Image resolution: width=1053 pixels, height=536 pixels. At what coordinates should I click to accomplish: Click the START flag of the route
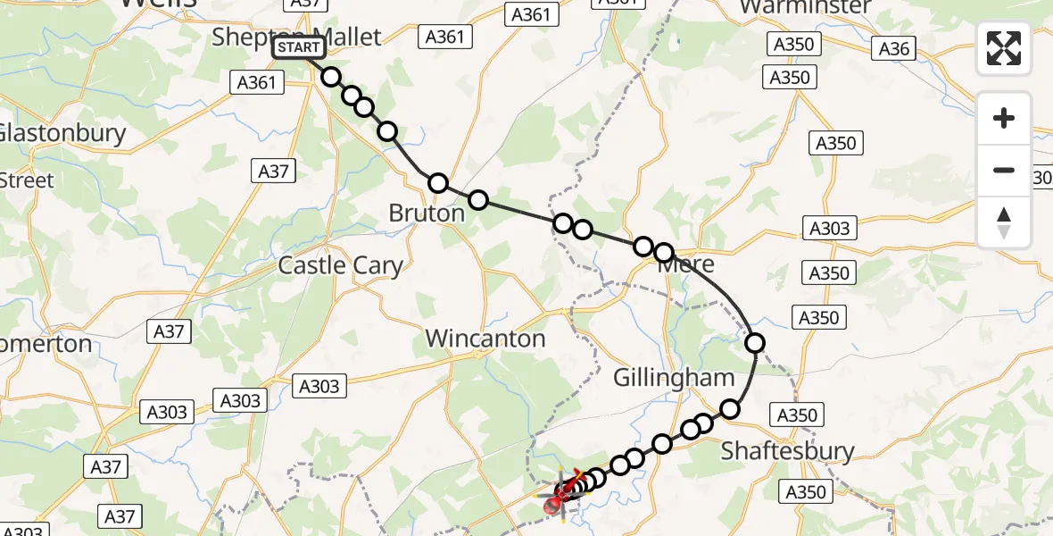pos(298,47)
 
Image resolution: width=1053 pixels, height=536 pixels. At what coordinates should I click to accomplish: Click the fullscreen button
pos(1004,48)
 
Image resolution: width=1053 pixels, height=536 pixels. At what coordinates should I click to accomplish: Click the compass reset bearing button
pos(1004,222)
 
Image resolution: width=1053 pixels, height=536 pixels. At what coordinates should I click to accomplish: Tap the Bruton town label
pos(427,214)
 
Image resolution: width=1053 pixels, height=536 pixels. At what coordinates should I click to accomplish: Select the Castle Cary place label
pos(340,265)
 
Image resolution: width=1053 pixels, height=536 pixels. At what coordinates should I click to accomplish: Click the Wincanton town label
pos(485,339)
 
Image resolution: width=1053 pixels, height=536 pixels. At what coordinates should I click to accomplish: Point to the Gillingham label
pos(674,378)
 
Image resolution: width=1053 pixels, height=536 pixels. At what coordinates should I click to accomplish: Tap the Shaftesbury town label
pos(787,450)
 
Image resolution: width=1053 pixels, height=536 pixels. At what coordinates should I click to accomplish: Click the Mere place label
pos(686,264)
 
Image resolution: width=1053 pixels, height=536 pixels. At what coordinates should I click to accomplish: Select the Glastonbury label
pos(62,133)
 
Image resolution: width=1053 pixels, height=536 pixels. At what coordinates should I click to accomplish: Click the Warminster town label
pos(805,7)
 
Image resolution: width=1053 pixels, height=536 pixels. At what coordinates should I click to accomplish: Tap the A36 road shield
pos(893,48)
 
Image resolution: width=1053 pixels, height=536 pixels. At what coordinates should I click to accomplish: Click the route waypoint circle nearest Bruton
pos(438,183)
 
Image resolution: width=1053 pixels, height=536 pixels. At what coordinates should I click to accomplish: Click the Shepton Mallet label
pos(296,36)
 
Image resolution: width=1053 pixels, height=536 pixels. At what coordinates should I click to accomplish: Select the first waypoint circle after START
pos(331,77)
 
